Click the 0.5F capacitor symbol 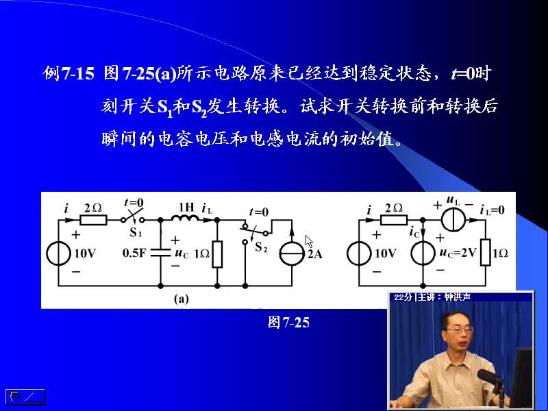click(x=161, y=253)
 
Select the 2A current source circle click(x=292, y=253)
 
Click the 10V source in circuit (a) click(x=58, y=253)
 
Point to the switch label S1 click(x=136, y=232)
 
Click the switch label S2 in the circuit click(x=261, y=247)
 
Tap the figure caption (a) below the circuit click(x=182, y=299)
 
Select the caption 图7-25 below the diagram click(x=288, y=322)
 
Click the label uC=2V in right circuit click(x=458, y=253)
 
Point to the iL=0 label click(x=493, y=210)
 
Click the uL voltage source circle click(x=453, y=220)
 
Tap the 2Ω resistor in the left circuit click(x=93, y=220)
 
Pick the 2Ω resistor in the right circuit click(x=394, y=220)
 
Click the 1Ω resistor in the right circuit click(x=486, y=253)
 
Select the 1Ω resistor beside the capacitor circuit click(x=217, y=254)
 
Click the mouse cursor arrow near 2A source click(x=309, y=241)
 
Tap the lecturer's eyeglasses click(x=459, y=329)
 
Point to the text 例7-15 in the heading click(x=68, y=74)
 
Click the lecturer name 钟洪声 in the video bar click(x=458, y=297)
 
